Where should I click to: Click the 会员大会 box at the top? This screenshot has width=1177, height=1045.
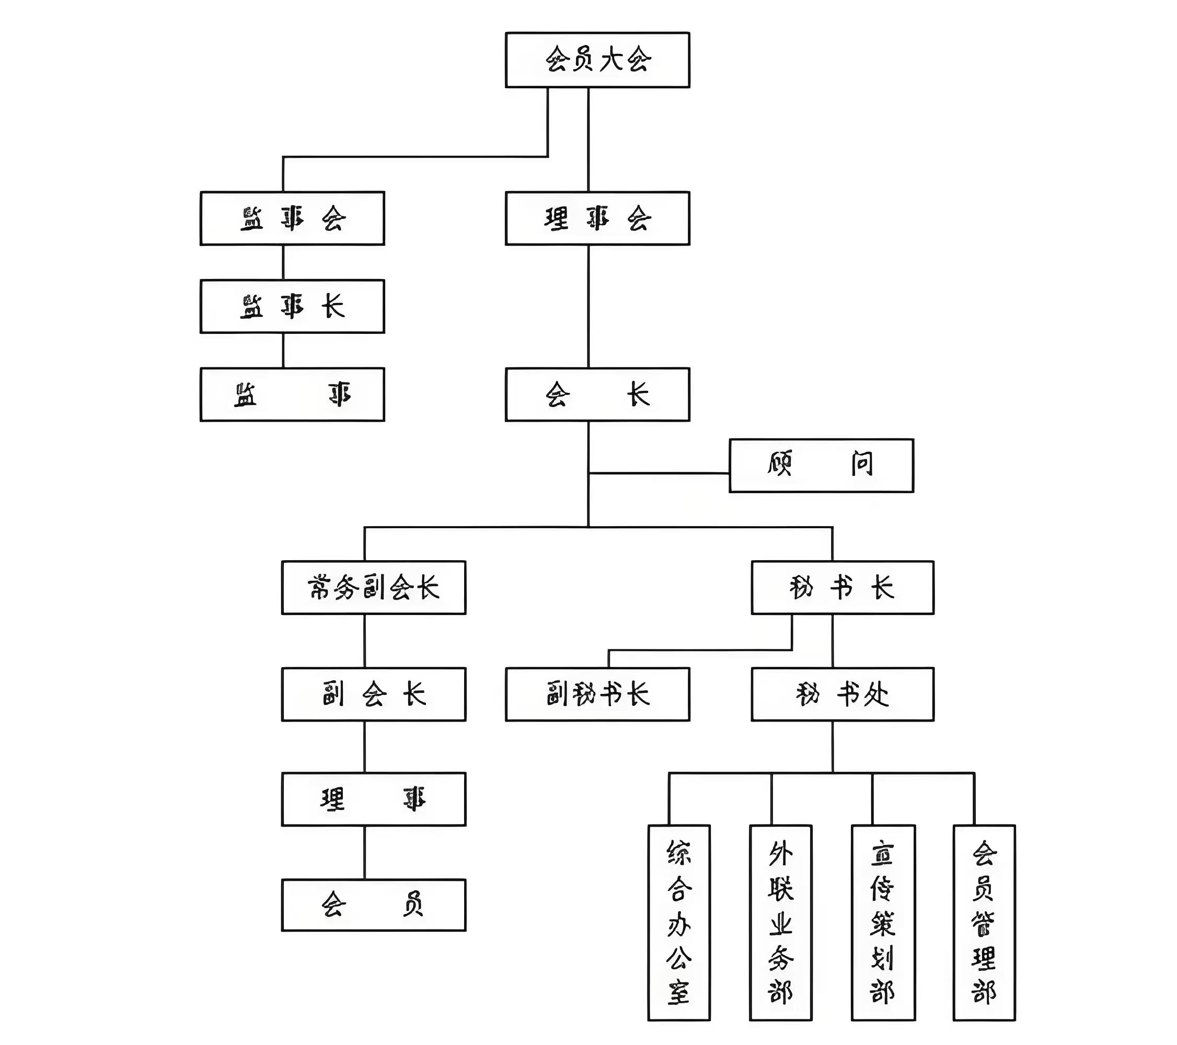tap(597, 60)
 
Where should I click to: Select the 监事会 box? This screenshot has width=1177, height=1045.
tap(292, 218)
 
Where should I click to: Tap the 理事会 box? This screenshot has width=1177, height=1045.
tap(597, 218)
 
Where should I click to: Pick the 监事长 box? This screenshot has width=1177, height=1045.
tap(292, 306)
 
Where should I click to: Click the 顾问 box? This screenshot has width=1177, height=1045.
tap(821, 465)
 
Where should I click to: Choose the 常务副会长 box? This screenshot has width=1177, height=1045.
tap(373, 587)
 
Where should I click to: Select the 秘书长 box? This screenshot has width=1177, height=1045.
tap(842, 587)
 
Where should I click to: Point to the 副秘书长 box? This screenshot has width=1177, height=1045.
tap(597, 694)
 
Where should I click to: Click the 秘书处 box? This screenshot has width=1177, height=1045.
tap(842, 694)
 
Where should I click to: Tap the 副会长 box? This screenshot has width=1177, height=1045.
tap(373, 694)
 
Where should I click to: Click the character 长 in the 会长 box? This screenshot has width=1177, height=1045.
tap(638, 395)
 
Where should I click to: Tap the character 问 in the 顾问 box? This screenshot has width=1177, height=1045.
tap(862, 464)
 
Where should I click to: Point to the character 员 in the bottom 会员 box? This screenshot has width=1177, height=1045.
tap(413, 904)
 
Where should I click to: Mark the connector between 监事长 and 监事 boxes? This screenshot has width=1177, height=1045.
tap(283, 350)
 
